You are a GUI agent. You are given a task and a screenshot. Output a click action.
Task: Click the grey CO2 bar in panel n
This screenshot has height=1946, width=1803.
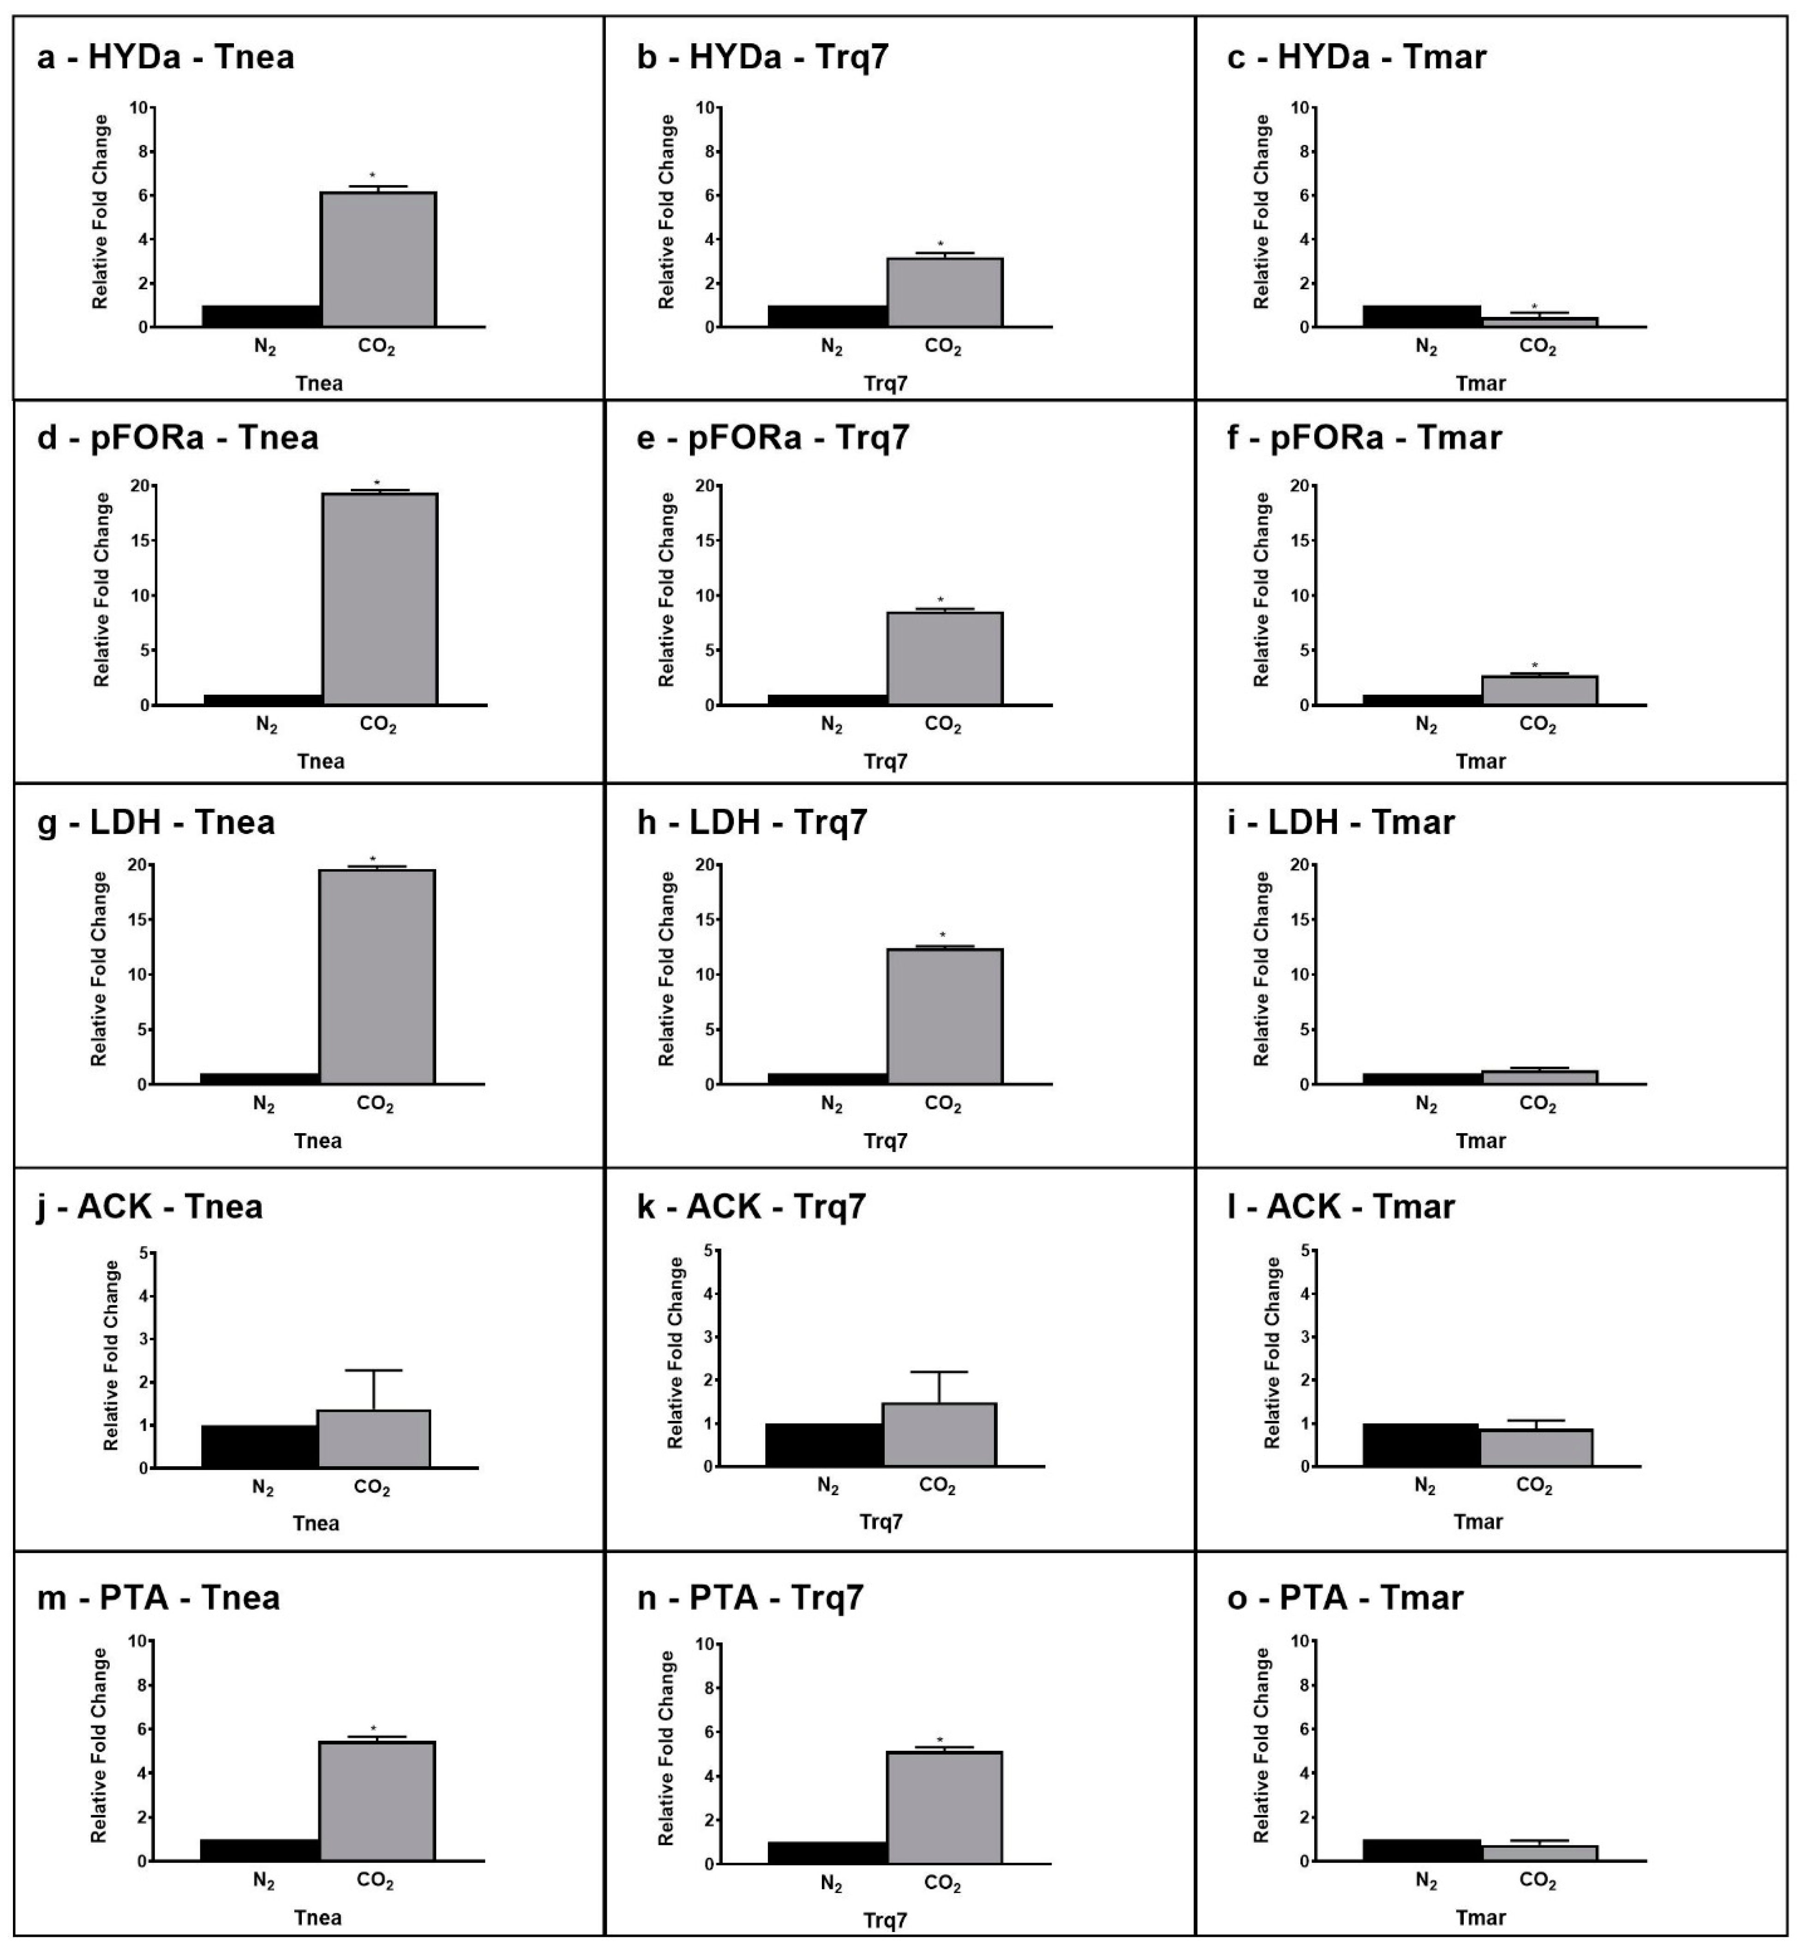pyautogui.click(x=945, y=1808)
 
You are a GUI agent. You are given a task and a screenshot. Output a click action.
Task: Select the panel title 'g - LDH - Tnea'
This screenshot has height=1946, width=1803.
pyautogui.click(x=156, y=822)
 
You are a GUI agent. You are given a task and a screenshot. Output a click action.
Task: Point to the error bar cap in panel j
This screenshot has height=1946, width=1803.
pyautogui.click(x=374, y=1371)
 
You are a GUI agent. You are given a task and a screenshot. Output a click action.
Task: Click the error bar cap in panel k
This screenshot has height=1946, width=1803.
pyautogui.click(x=940, y=1373)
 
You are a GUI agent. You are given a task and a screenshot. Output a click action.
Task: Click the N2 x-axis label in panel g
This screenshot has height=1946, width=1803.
pyautogui.click(x=264, y=1104)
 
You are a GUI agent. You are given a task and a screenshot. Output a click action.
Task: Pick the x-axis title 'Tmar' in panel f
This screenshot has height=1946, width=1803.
pyautogui.click(x=1481, y=761)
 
